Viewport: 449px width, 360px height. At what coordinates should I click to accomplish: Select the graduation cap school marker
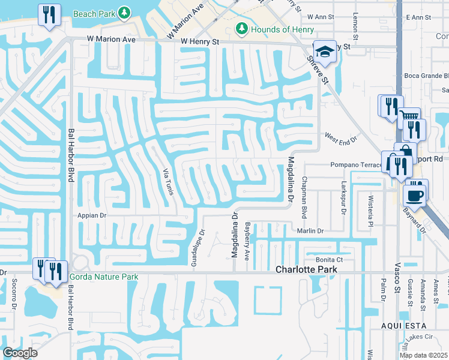(325, 52)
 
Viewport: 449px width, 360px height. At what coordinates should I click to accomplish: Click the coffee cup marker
(414, 194)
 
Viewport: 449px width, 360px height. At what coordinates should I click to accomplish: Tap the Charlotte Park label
(306, 270)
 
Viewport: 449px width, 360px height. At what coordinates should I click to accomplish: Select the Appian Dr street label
(92, 214)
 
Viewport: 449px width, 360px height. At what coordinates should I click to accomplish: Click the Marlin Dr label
(310, 230)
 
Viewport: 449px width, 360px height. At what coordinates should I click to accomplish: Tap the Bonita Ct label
(329, 259)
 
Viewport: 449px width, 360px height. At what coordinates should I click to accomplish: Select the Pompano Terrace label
(355, 165)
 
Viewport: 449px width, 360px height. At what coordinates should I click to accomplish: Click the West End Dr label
(341, 139)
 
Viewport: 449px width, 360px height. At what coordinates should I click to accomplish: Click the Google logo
(20, 353)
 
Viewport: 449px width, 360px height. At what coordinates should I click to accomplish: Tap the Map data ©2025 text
(423, 355)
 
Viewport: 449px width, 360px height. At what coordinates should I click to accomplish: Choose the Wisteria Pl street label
(370, 205)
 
